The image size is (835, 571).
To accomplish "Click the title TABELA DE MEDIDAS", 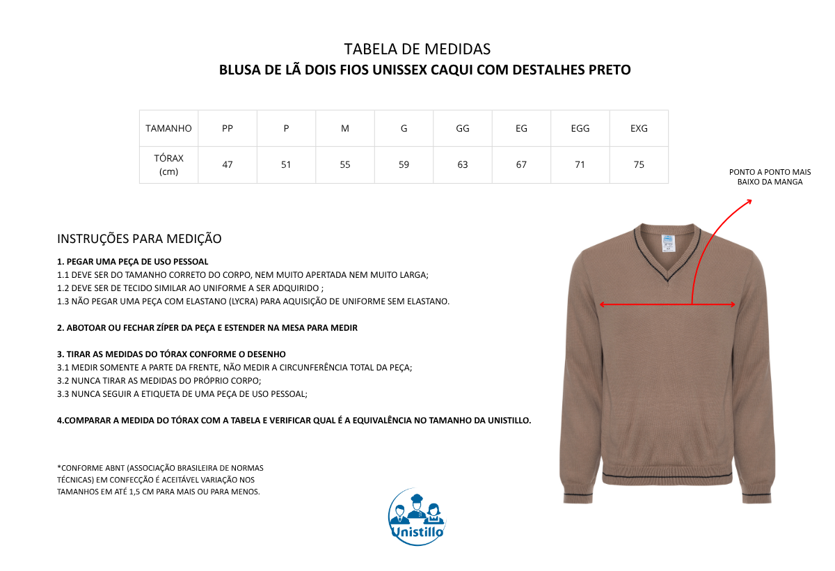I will [417, 49].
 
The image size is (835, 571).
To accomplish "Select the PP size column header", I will [228, 128].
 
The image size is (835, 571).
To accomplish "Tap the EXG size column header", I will [639, 128].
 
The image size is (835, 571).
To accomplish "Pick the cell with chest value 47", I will [228, 165].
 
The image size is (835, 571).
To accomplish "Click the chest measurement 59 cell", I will [404, 165].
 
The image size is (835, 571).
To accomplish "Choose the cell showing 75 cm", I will [639, 165].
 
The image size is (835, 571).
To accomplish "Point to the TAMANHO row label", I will [168, 128].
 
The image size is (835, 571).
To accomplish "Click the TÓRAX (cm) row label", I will [168, 165].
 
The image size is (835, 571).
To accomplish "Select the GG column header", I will [463, 128].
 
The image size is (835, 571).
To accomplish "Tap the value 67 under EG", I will [521, 165].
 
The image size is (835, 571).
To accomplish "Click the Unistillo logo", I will [417, 517].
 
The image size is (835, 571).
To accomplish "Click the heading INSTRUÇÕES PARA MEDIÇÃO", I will [139, 239].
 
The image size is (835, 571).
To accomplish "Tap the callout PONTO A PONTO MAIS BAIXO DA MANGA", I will [770, 177].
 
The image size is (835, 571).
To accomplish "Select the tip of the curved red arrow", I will [751, 201].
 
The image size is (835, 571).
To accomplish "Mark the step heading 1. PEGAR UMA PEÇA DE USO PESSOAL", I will [132, 261].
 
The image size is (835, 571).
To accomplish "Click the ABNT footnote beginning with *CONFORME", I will [160, 480].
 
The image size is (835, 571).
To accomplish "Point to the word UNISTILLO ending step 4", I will [504, 420].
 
